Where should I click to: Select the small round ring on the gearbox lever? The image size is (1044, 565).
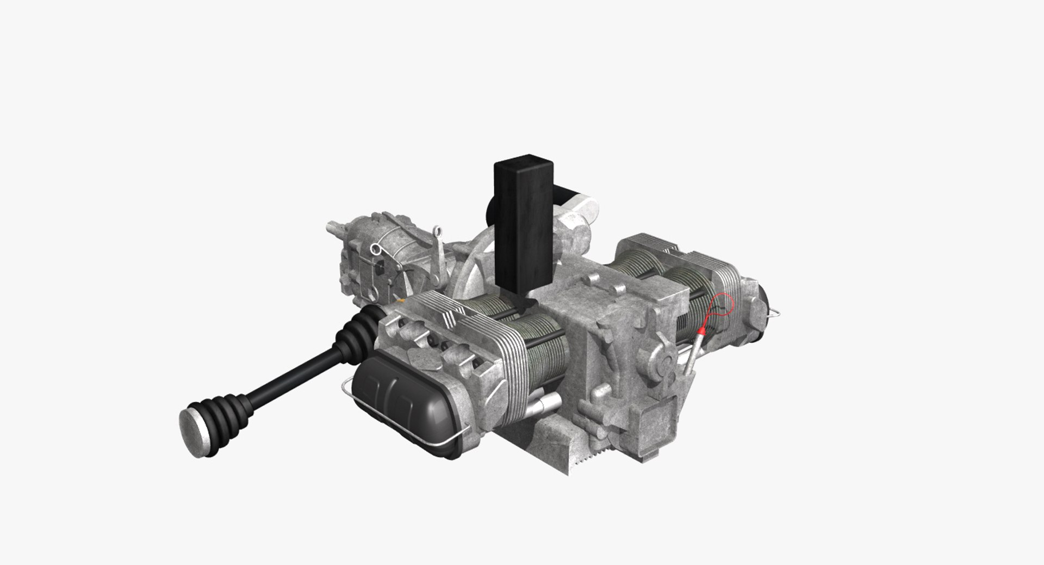coord(374,249)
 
